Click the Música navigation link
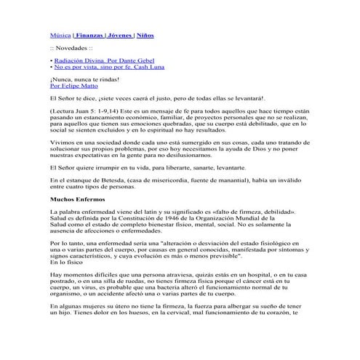pyautogui.click(x=60, y=34)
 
